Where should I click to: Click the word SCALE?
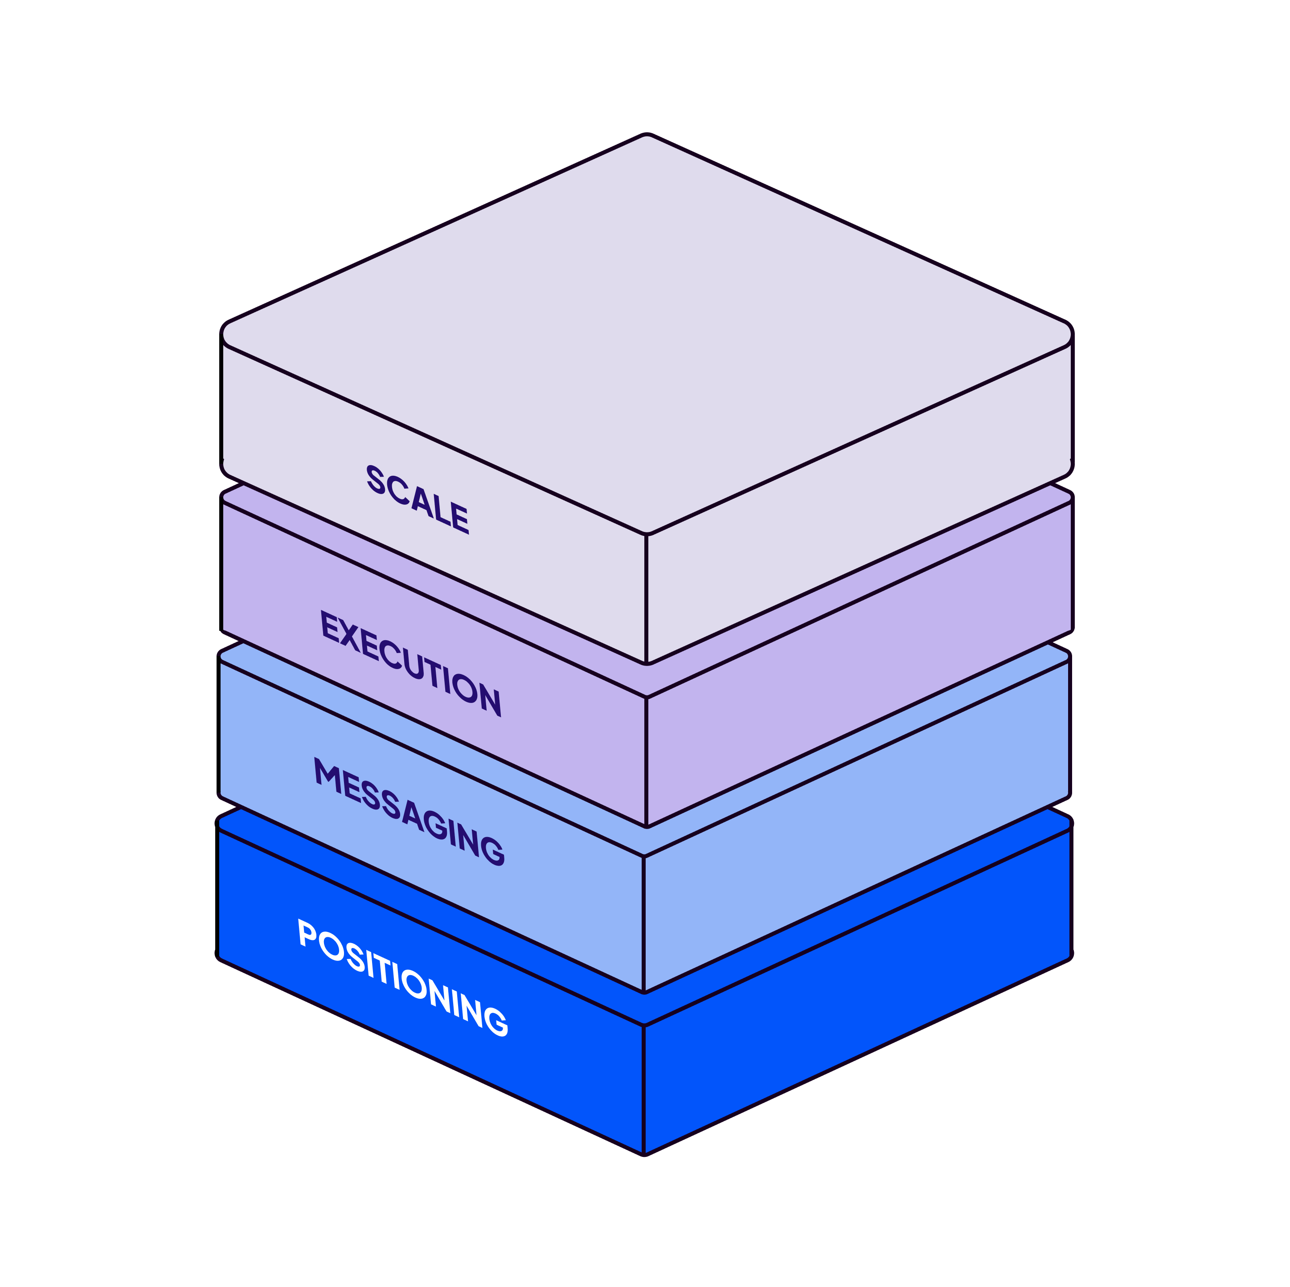[x=418, y=499]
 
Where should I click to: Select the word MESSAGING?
[x=409, y=811]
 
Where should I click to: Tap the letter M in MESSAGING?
[x=328, y=774]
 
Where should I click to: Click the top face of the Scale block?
[x=646, y=327]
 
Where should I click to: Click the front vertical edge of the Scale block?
[x=646, y=597]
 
